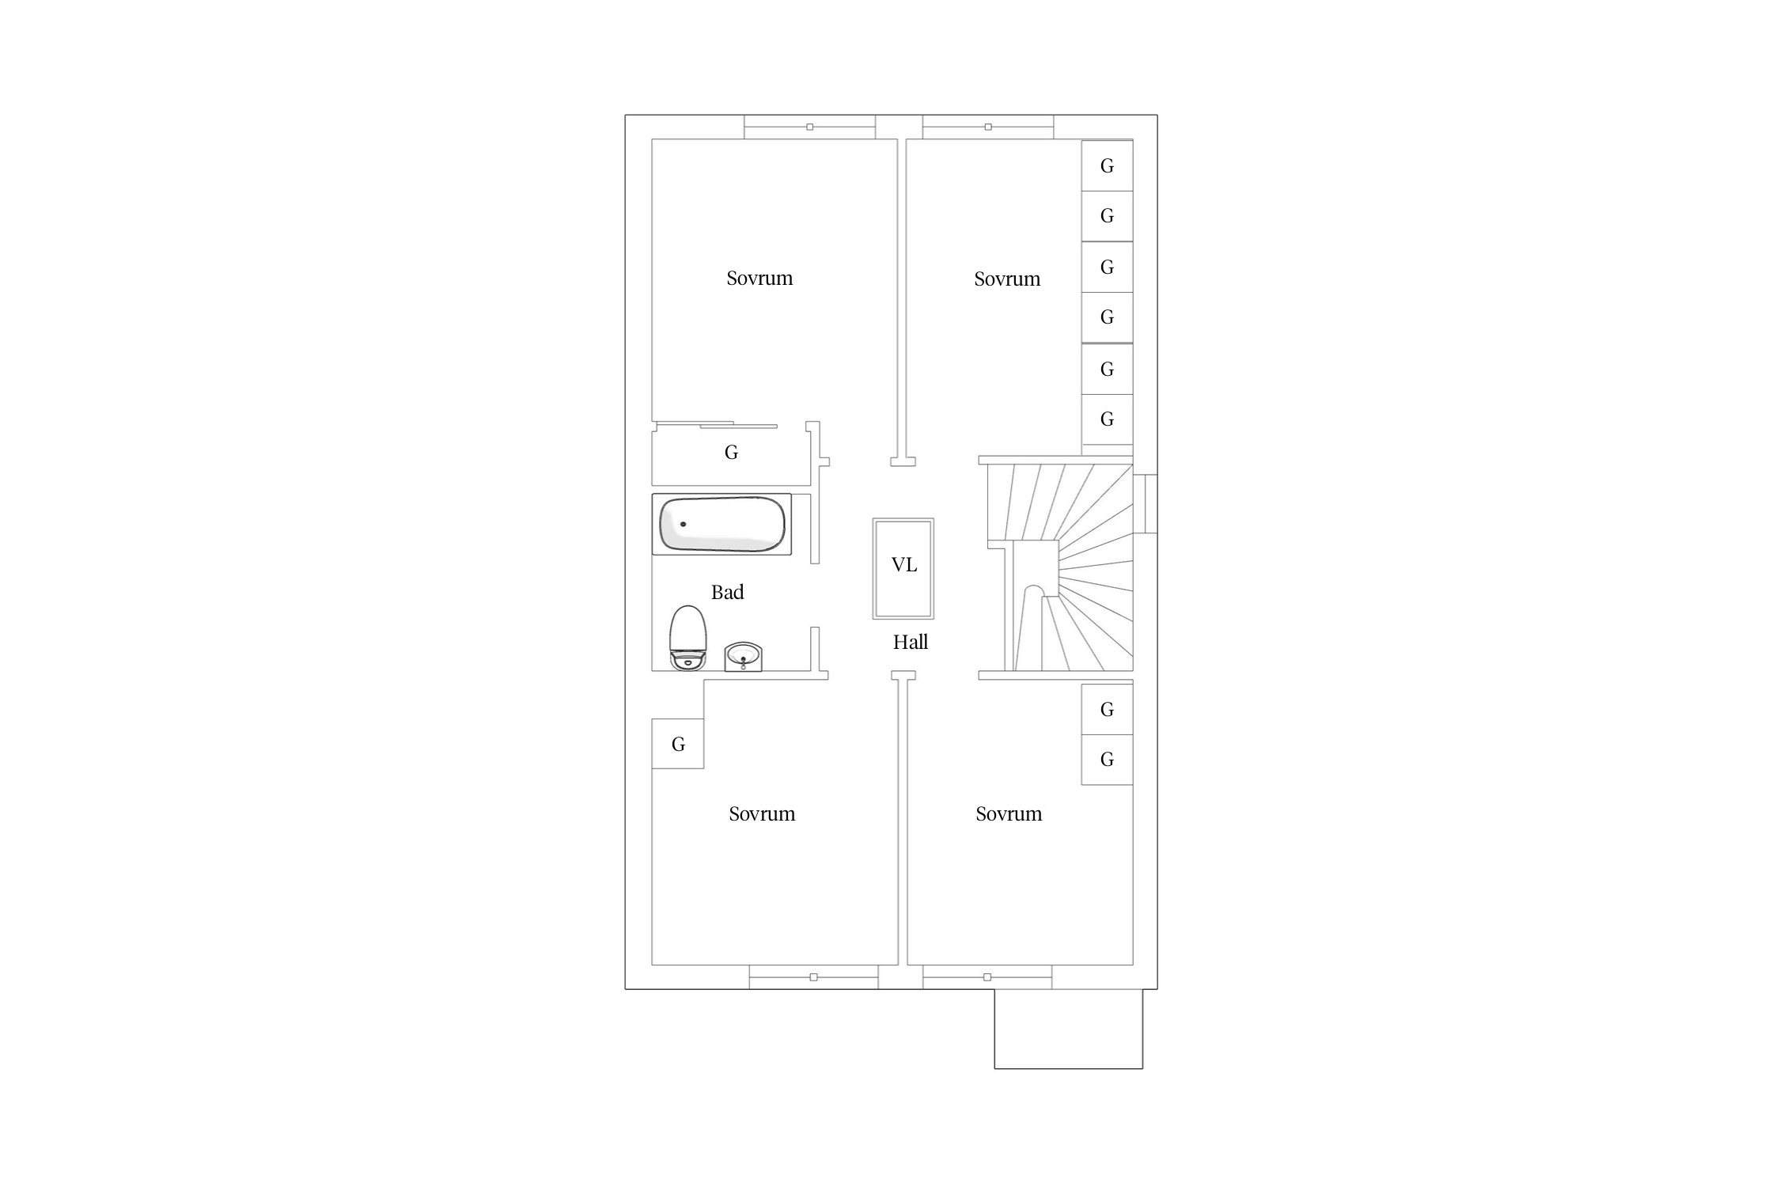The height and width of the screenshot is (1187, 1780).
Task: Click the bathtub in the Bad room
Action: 721,524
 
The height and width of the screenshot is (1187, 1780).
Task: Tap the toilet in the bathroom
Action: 687,638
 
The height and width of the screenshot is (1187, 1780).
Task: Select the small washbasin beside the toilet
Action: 744,657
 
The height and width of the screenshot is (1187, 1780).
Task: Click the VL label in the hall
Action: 903,564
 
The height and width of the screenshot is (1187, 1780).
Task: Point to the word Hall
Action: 911,642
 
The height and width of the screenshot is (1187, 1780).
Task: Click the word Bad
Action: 728,592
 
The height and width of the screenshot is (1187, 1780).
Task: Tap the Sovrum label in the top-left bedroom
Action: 759,278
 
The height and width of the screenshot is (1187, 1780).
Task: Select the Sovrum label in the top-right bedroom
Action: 1007,279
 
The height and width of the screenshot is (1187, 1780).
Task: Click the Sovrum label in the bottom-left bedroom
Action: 762,813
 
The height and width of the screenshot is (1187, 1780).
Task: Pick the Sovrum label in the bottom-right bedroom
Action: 1009,813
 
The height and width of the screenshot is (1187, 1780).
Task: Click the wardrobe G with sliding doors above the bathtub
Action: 732,453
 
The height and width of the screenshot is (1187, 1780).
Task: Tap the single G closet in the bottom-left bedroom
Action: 678,744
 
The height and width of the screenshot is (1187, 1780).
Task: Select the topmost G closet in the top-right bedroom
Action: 1108,165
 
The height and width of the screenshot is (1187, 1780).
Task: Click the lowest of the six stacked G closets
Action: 1108,419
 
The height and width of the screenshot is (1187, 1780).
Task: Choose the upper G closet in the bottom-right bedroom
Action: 1108,709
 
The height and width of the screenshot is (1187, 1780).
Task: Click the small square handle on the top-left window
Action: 809,127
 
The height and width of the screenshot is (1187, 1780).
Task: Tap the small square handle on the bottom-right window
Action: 987,977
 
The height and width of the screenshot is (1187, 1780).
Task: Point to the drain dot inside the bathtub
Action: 683,524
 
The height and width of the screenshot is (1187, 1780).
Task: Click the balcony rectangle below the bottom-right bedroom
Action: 1069,1029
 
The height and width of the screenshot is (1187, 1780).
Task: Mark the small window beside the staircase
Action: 1146,504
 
